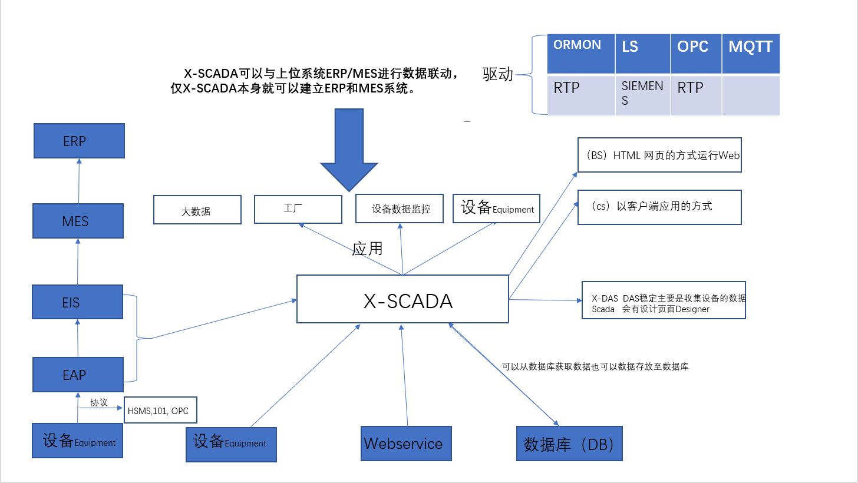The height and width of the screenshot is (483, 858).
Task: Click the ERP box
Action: click(x=79, y=141)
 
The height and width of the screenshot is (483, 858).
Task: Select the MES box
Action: click(x=78, y=221)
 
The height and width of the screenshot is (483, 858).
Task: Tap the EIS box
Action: click(x=78, y=302)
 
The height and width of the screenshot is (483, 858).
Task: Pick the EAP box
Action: click(x=78, y=375)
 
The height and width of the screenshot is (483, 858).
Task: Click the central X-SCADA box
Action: click(x=402, y=299)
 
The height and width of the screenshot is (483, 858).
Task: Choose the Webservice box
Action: click(x=406, y=443)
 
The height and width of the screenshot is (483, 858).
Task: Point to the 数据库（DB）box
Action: click(x=569, y=444)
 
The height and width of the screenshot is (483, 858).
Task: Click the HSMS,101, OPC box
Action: click(x=160, y=411)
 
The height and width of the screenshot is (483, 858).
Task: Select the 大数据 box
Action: click(x=197, y=210)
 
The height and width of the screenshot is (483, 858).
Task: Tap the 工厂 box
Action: click(x=298, y=209)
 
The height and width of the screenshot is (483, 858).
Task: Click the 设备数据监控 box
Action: click(x=400, y=209)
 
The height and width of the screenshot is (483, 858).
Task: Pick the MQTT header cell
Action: click(x=751, y=54)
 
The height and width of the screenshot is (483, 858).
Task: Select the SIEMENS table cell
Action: click(x=642, y=94)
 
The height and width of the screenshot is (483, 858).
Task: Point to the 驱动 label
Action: click(x=498, y=74)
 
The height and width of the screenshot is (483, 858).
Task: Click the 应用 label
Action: click(x=367, y=249)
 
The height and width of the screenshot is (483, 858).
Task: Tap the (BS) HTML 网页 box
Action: click(x=659, y=156)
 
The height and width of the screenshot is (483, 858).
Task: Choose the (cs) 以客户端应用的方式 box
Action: click(x=659, y=207)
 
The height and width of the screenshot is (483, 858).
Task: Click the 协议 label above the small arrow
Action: click(x=98, y=402)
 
